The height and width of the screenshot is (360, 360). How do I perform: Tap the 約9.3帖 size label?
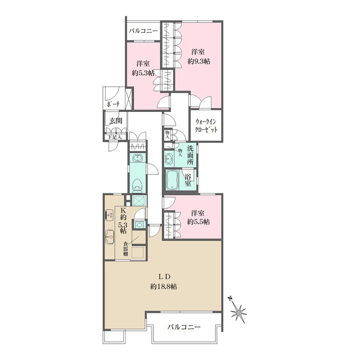tap(199, 61)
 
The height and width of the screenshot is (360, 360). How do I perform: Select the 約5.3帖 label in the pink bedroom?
tap(143, 73)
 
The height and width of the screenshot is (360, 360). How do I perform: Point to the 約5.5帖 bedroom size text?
tap(199, 222)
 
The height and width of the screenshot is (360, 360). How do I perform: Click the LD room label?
tap(164, 276)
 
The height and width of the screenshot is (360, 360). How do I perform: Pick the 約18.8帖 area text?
tap(164, 286)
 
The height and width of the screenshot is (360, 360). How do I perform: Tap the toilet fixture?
tap(137, 184)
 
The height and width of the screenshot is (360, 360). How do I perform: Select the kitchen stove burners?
tap(109, 216)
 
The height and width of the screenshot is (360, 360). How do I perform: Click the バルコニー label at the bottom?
tap(184, 327)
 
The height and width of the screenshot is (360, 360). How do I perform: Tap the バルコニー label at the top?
tap(143, 30)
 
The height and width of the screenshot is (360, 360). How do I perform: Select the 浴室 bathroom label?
tap(188, 179)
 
